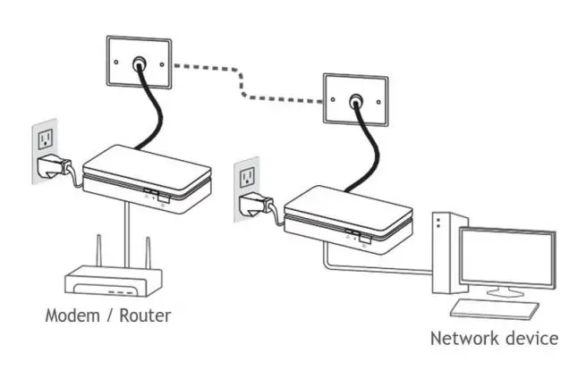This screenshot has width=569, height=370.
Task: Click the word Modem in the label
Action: [72, 315]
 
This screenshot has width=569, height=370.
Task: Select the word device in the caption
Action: [533, 339]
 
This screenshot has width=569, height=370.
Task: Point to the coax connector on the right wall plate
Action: [357, 100]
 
